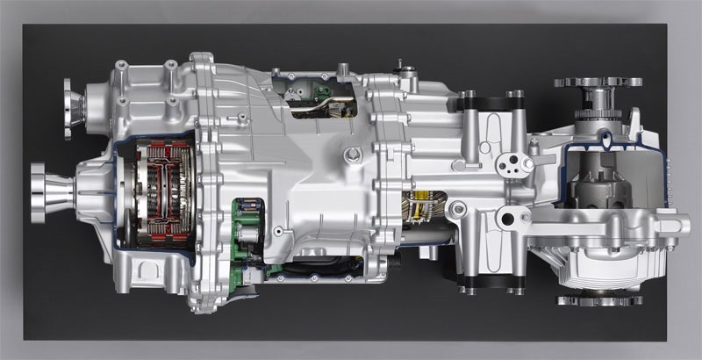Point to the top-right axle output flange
(597, 86)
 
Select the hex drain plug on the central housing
(353, 156)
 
